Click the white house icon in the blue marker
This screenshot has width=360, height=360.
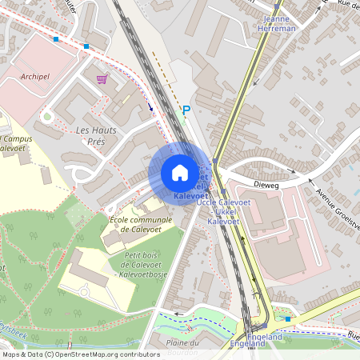point(180,173)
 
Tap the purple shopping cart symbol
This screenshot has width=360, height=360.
point(102,78)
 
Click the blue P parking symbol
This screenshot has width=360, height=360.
point(186,110)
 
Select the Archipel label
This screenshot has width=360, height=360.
point(35,77)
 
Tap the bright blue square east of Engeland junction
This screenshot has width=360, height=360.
point(288,319)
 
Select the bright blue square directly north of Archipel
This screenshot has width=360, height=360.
point(56,38)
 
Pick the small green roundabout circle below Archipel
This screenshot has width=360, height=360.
point(47,116)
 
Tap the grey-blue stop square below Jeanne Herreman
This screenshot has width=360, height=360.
point(261,40)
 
